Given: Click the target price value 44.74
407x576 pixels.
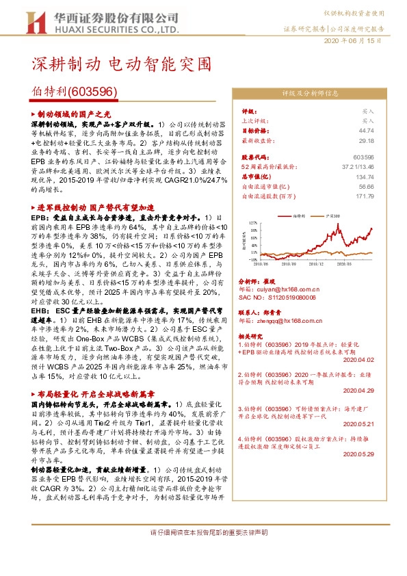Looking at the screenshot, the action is point(367,130).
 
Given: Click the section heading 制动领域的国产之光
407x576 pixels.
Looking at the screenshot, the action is point(74,114).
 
